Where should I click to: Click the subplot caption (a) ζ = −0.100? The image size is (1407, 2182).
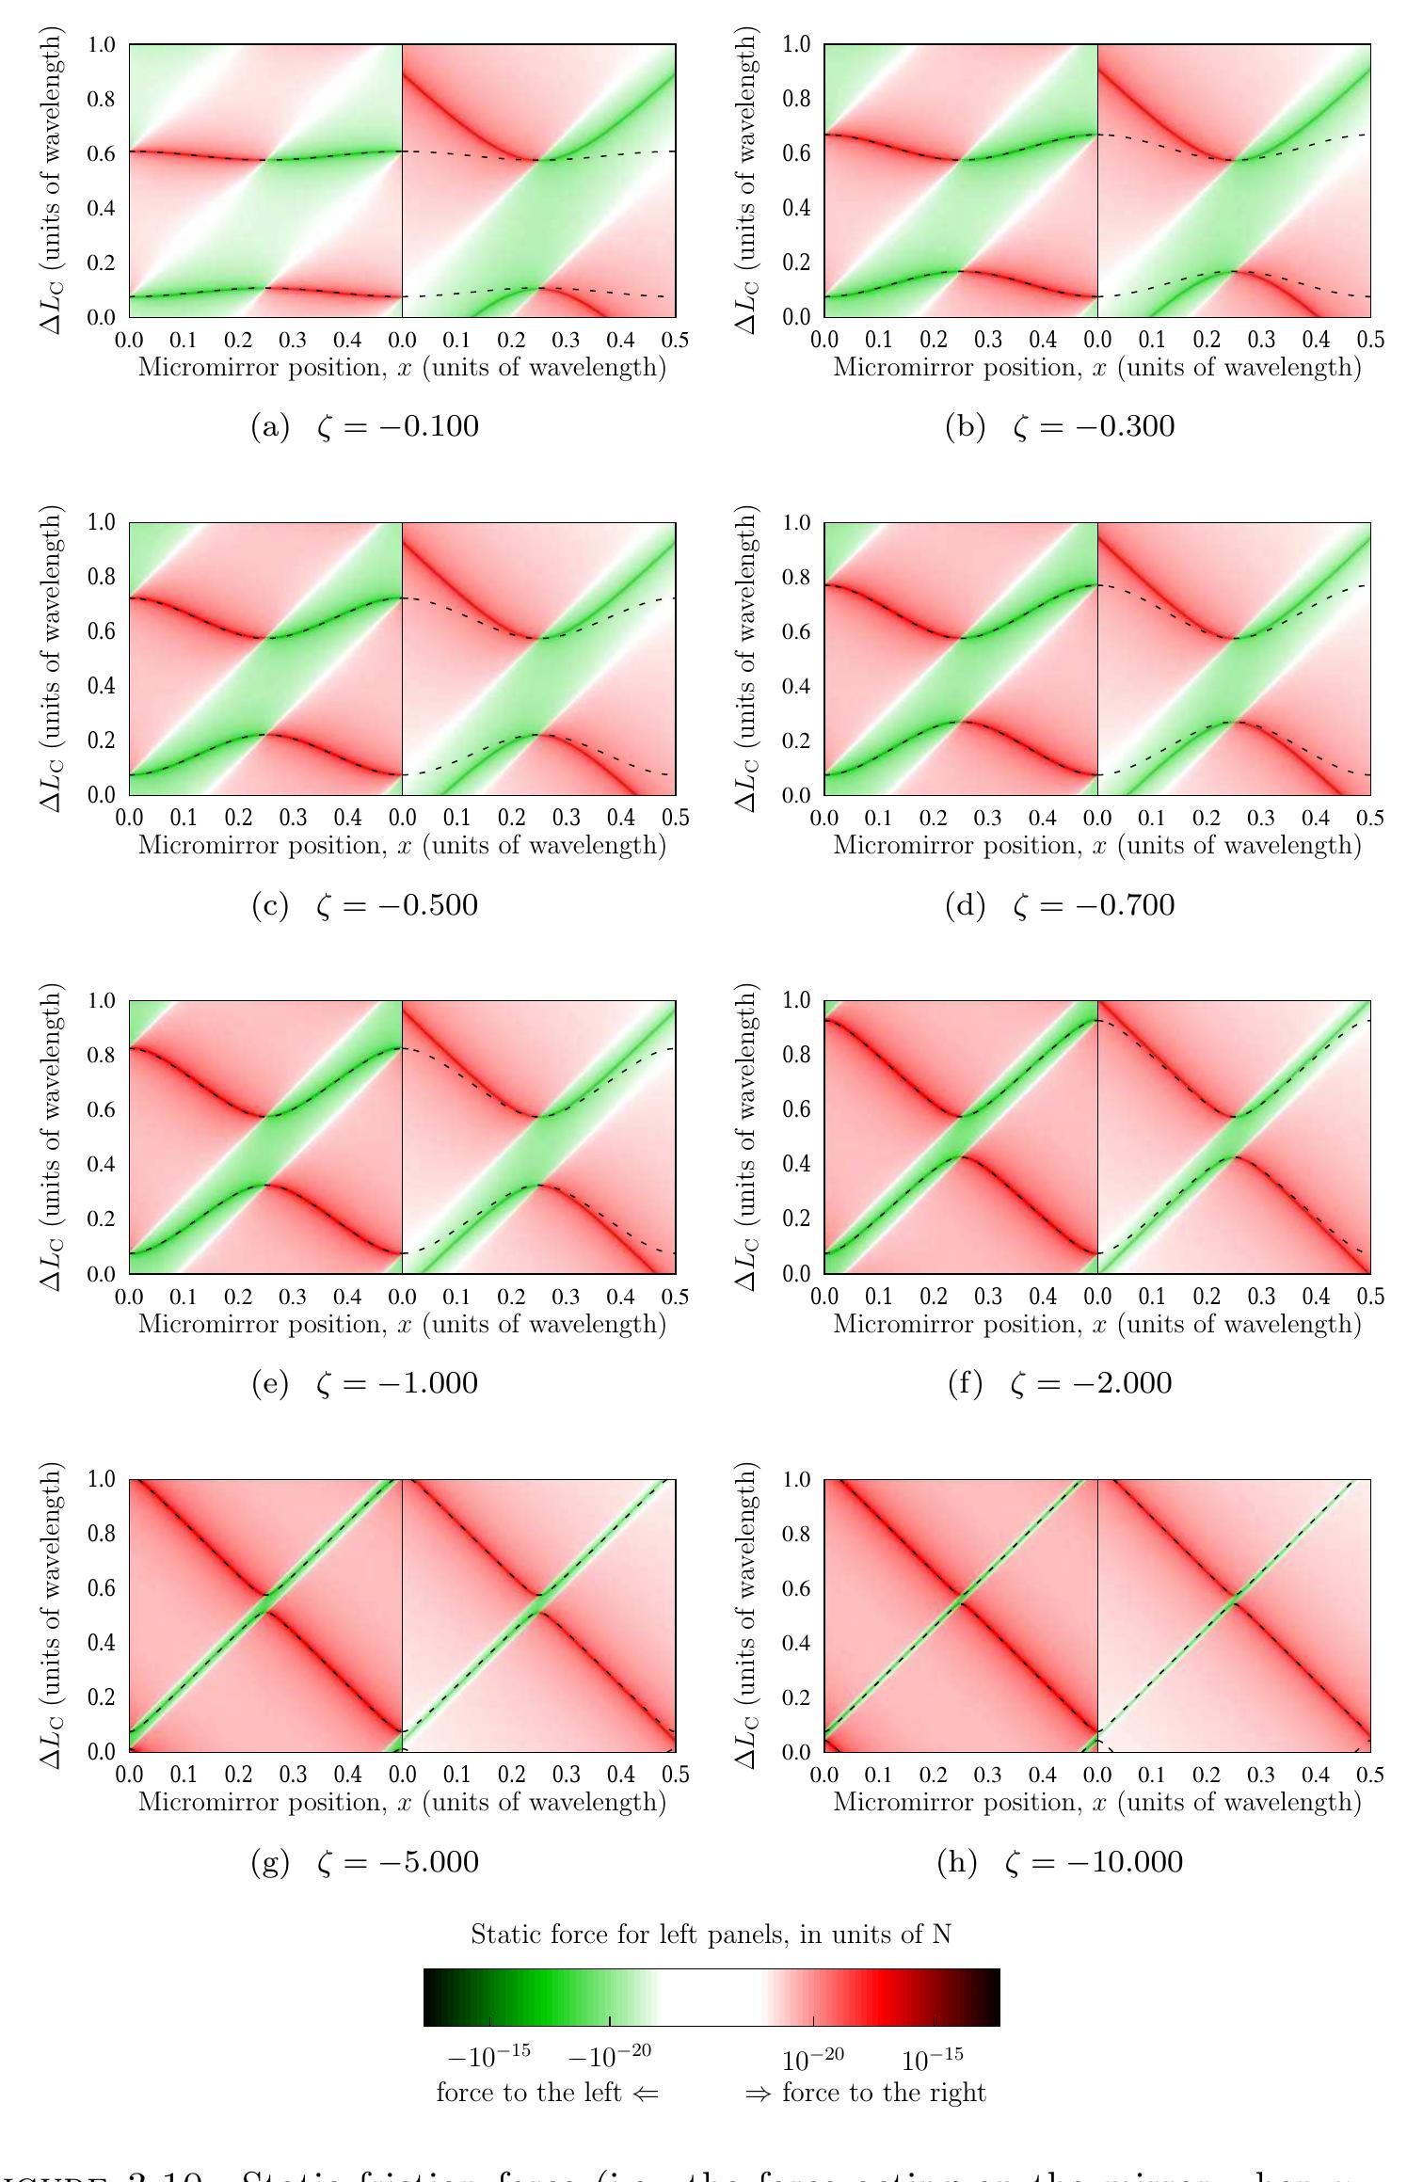point(365,427)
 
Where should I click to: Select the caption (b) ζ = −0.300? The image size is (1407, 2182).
point(1060,427)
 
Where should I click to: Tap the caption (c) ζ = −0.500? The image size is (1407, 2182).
point(365,905)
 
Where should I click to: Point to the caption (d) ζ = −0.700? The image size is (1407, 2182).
point(1060,905)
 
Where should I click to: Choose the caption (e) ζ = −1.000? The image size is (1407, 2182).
point(365,1383)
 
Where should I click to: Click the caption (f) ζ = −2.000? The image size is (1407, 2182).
point(1060,1383)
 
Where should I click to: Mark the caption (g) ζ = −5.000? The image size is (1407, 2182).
point(365,1862)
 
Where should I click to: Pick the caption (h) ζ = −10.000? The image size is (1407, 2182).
point(1060,1862)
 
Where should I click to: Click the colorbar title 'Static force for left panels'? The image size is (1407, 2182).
point(711,1935)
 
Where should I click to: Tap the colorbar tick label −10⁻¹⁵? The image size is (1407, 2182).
point(487,2057)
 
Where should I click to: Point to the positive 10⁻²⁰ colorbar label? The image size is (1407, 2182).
point(813,2059)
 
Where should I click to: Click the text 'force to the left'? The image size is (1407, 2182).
point(546,2093)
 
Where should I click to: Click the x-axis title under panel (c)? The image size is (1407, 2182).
point(402,845)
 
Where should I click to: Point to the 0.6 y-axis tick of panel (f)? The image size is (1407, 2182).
point(796,1109)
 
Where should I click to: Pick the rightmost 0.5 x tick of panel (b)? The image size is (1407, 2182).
point(1370,340)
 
